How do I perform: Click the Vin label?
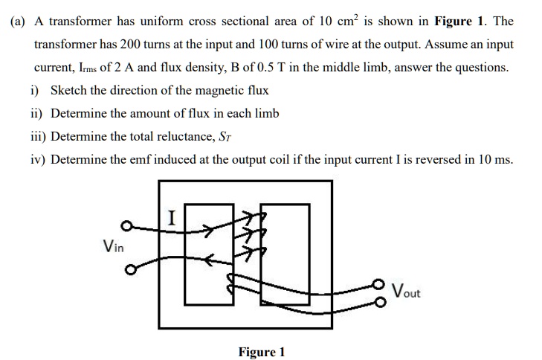pos(114,246)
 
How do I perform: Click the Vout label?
pos(405,292)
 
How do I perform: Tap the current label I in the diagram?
pos(172,218)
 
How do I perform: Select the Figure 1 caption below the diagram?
pos(261,351)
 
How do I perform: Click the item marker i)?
pos(35,91)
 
